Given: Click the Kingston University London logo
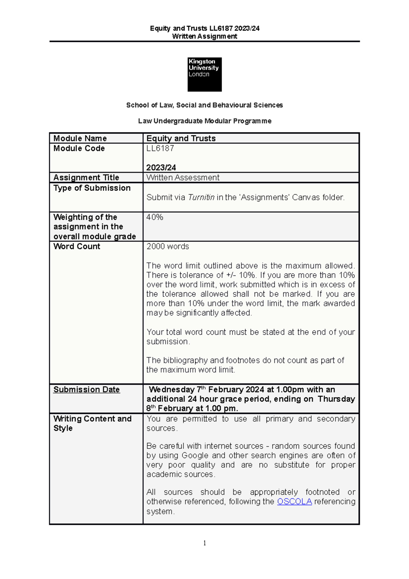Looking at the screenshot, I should point(204,74).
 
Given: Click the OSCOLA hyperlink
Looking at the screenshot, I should point(294,502).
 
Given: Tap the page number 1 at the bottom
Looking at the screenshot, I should point(204,543).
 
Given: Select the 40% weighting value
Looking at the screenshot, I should point(155,217).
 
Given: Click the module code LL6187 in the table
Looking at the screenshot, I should point(160,148).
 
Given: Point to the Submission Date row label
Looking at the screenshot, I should point(87,389).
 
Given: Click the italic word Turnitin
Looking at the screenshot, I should point(201,197).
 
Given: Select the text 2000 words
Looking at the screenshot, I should point(168,246).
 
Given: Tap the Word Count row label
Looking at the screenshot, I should point(77,246).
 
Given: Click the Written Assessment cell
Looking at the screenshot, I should point(183,178).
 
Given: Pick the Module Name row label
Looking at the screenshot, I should point(80,138).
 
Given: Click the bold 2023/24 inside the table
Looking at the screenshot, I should point(161,167).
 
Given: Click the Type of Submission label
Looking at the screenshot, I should point(92,188).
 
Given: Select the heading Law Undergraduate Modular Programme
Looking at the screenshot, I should point(204,121).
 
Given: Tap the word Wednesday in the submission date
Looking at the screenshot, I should point(171,390).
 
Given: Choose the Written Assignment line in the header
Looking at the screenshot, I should point(204,36).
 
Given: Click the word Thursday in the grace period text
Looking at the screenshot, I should point(336,399).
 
